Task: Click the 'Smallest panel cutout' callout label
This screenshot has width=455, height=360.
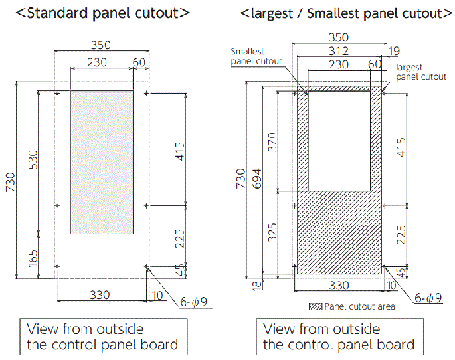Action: click(x=256, y=56)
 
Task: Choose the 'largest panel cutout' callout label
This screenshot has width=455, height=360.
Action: click(x=420, y=72)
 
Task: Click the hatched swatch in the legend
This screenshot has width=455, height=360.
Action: click(x=316, y=306)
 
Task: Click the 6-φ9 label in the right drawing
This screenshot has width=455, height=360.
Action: click(x=429, y=297)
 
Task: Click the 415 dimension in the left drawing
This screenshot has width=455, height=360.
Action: click(x=180, y=153)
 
